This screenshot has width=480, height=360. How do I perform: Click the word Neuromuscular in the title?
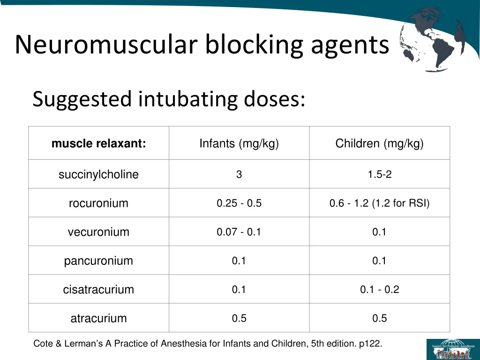click(105, 45)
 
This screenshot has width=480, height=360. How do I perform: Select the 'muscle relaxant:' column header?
click(98, 143)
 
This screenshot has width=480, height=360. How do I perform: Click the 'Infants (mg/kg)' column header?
click(239, 143)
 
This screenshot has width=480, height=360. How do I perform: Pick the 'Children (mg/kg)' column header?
click(379, 143)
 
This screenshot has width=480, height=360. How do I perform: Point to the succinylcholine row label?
click(98, 175)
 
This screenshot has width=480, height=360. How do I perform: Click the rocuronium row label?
click(98, 203)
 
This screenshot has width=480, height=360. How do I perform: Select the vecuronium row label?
click(98, 232)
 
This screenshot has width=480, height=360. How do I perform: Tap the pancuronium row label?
click(98, 261)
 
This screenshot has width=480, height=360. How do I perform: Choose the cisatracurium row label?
click(98, 290)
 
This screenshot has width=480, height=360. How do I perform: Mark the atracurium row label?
click(98, 318)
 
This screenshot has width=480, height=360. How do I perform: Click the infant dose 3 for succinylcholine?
click(239, 175)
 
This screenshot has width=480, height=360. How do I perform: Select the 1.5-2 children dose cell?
click(379, 175)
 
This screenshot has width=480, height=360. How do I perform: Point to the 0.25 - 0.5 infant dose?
click(239, 203)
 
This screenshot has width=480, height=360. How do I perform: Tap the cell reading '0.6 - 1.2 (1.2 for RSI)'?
click(379, 203)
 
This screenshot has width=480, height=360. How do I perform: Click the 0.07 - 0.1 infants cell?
click(239, 232)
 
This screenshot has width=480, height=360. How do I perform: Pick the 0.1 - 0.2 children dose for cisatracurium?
click(379, 290)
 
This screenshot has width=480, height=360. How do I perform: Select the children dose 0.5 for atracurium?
click(379, 318)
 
